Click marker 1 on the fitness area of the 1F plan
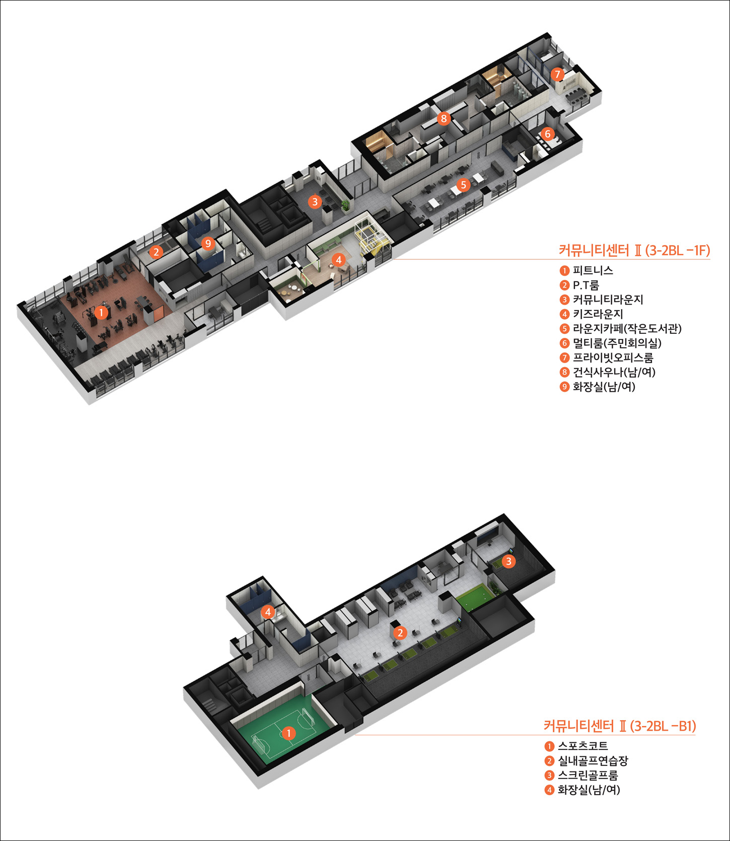coord(101,313)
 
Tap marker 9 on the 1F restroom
coord(207,244)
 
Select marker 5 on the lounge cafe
coord(463,185)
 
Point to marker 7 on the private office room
coord(557,75)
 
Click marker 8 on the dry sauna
coord(443,119)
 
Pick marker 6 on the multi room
coord(547,134)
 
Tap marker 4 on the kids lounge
coord(338,260)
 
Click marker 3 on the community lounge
coord(315,202)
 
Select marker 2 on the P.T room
coord(156,252)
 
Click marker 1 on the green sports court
coord(288,733)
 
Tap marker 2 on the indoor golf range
coord(400,633)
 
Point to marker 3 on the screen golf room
coord(508,561)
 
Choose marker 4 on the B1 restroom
coord(267,612)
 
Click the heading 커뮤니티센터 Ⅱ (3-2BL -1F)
coord(634,250)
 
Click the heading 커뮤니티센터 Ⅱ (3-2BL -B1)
coord(620,726)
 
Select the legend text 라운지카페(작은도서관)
coord(627,329)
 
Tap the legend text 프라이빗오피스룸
coord(613,358)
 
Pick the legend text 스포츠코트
coord(583,746)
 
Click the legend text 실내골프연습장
coord(593,760)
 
